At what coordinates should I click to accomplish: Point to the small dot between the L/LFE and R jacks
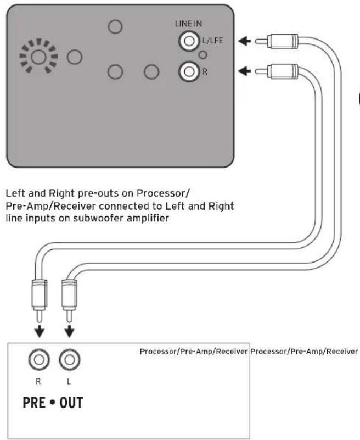203,54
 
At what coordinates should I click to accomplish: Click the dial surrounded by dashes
38,57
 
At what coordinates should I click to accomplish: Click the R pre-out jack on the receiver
39,361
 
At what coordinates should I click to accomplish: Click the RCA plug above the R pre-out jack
40,299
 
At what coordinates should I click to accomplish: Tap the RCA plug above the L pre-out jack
69,299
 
